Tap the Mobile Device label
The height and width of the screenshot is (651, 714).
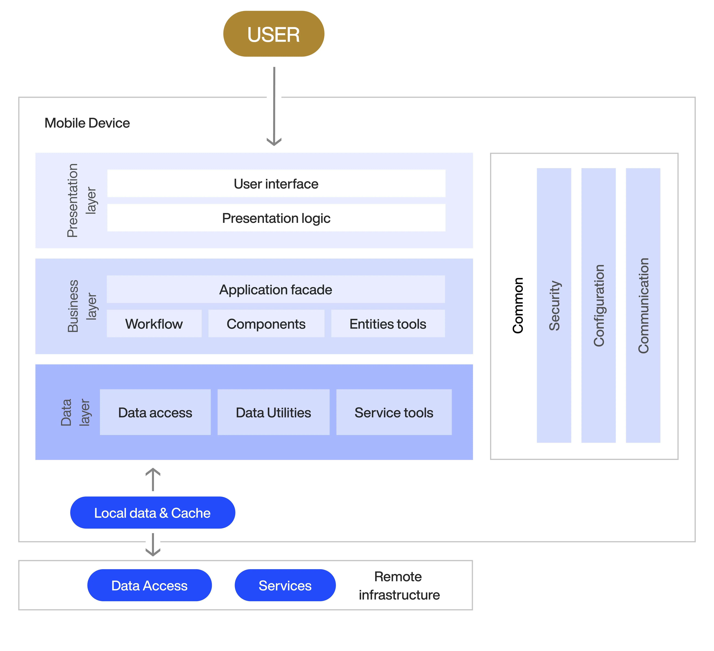(x=87, y=123)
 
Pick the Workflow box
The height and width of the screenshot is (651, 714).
(x=154, y=324)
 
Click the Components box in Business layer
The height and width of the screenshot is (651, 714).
(x=266, y=324)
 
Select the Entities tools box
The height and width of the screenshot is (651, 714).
(x=388, y=324)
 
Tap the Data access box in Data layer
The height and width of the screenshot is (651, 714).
(x=155, y=412)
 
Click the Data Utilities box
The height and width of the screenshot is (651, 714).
(x=273, y=412)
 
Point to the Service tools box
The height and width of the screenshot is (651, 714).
(x=394, y=412)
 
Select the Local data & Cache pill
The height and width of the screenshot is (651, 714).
(x=153, y=513)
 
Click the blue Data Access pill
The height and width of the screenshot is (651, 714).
(x=149, y=585)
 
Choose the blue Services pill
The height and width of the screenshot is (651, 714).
(x=285, y=585)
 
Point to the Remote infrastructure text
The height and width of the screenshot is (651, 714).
(x=399, y=586)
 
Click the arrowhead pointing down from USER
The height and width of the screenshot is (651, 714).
(x=274, y=142)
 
